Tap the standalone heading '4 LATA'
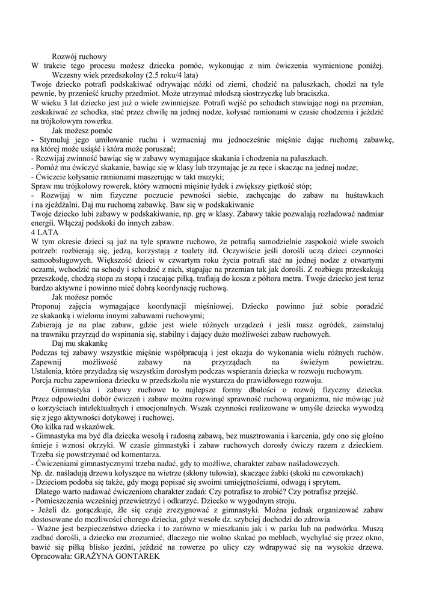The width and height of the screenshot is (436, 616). tap(42, 232)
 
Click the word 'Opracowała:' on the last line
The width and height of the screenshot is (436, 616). tap(51, 556)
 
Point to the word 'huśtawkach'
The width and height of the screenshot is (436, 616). tap(363, 196)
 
